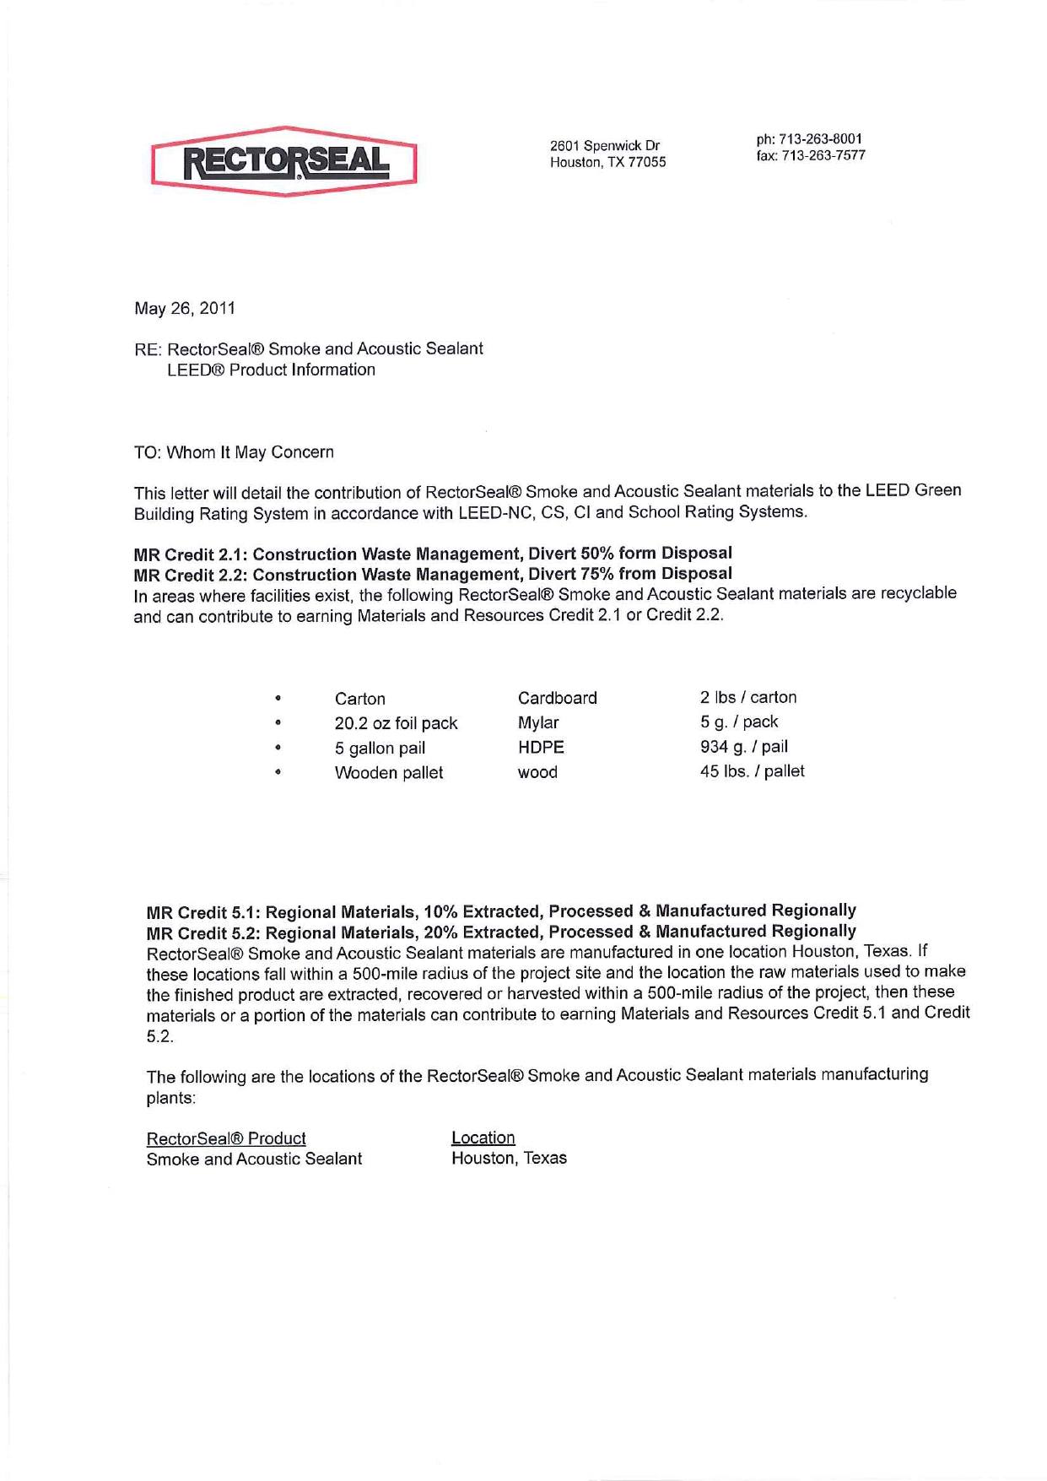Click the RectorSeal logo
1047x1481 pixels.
tap(284, 161)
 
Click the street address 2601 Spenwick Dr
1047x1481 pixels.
tap(604, 145)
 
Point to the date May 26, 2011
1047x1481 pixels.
tap(185, 308)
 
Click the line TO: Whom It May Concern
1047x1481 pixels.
tap(234, 452)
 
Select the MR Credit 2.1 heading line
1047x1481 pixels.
tap(433, 554)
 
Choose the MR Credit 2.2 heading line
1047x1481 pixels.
tap(433, 575)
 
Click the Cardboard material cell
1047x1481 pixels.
tap(557, 698)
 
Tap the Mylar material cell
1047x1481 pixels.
tap(538, 722)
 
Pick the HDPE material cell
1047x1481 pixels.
tap(541, 747)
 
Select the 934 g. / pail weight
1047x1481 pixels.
tap(744, 746)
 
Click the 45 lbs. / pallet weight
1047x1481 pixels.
tap(752, 770)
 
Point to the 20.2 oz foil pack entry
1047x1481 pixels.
tap(396, 723)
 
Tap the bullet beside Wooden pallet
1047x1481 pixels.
tap(278, 772)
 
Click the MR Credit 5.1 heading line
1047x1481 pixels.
tap(501, 911)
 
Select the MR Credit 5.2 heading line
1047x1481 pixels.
tap(501, 932)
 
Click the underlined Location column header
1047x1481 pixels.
tap(483, 1138)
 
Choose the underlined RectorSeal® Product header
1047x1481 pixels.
tap(226, 1138)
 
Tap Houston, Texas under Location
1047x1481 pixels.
tap(509, 1158)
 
